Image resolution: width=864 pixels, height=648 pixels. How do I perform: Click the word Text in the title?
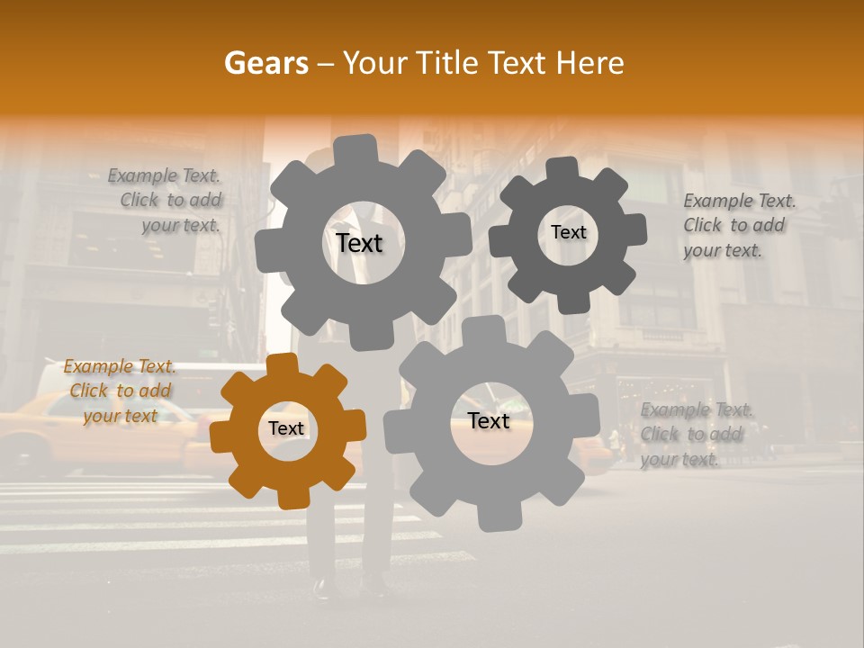click(x=516, y=63)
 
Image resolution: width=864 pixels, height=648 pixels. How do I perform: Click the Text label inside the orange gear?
click(x=286, y=429)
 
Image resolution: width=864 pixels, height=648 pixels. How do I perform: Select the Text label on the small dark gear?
click(x=568, y=232)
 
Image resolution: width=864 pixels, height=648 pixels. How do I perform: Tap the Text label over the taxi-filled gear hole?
click(x=489, y=421)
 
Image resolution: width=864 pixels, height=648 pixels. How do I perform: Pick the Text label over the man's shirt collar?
click(x=359, y=243)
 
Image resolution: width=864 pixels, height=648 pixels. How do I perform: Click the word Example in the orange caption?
click(x=97, y=367)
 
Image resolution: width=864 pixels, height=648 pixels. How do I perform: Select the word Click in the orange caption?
click(x=89, y=391)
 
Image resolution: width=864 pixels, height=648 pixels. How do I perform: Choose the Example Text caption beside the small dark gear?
click(x=739, y=226)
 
